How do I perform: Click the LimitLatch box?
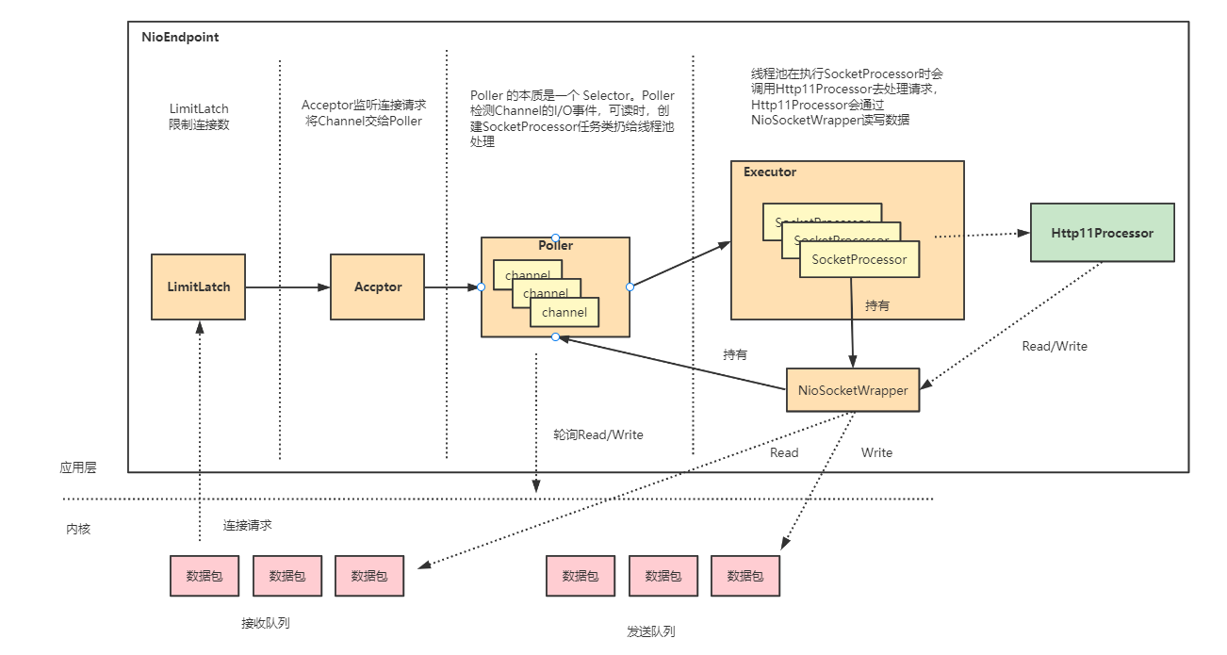coord(198,287)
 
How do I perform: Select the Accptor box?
coord(377,287)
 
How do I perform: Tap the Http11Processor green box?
coord(1102,233)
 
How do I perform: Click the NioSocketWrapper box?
coord(853,389)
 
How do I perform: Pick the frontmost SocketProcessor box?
coord(859,259)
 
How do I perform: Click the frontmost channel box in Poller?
coord(564,312)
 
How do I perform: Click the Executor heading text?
coord(769,172)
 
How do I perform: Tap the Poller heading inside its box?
coord(555,246)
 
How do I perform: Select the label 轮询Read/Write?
coord(598,434)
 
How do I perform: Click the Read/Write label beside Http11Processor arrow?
coord(1054,346)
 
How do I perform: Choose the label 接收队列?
coord(265,623)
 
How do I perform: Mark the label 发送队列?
coord(651,630)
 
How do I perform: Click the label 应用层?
coord(77,467)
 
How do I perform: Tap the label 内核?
coord(77,529)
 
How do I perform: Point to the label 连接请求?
coord(247,525)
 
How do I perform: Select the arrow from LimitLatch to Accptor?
coord(287,287)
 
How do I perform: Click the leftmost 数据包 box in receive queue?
coord(204,576)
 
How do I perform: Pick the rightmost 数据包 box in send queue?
coord(745,576)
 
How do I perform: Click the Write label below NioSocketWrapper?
coord(876,452)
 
